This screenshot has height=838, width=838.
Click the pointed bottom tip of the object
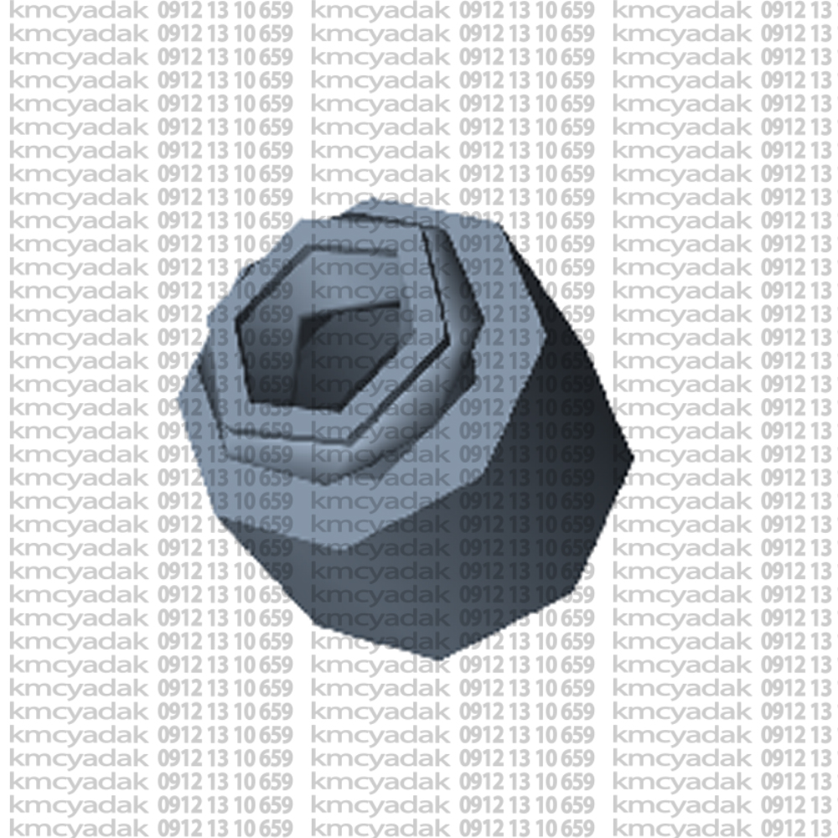point(438,659)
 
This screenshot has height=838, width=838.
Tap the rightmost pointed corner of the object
point(633,458)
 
